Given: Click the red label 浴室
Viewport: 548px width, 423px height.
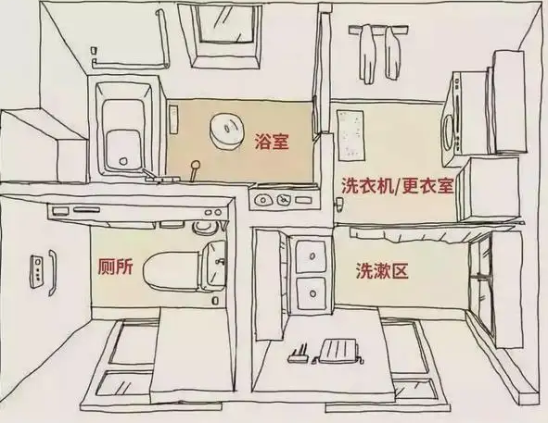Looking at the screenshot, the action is click(272, 141).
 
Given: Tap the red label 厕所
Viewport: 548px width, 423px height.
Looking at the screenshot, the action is click(115, 267).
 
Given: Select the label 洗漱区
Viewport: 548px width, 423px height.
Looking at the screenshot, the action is click(382, 270).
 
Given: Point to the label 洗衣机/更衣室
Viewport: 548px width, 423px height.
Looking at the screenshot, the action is click(398, 186).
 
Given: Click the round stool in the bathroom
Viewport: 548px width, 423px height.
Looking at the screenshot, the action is click(227, 132).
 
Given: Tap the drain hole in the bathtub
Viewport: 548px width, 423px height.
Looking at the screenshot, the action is click(122, 161).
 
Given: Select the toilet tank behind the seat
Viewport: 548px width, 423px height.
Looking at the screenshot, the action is click(213, 267).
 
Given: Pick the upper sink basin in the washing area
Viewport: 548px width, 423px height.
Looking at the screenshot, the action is click(312, 257).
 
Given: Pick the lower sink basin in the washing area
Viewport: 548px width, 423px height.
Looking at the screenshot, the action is click(312, 293).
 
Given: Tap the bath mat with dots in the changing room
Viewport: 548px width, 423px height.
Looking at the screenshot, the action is click(350, 135).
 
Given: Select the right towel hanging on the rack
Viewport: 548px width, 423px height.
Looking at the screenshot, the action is click(392, 53).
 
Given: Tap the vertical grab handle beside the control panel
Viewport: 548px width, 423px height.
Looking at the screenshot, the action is click(53, 272).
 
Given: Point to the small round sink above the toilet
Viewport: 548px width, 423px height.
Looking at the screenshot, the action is click(204, 227).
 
